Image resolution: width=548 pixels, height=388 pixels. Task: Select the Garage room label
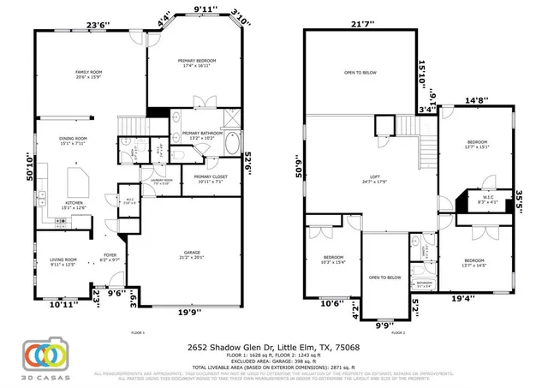point(191,254)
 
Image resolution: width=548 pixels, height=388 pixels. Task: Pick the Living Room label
point(63,261)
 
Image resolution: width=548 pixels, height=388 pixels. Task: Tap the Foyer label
point(110,256)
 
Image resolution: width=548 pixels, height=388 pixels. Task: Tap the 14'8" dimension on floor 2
point(475,100)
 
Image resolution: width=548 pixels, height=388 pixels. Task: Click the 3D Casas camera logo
point(46,357)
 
